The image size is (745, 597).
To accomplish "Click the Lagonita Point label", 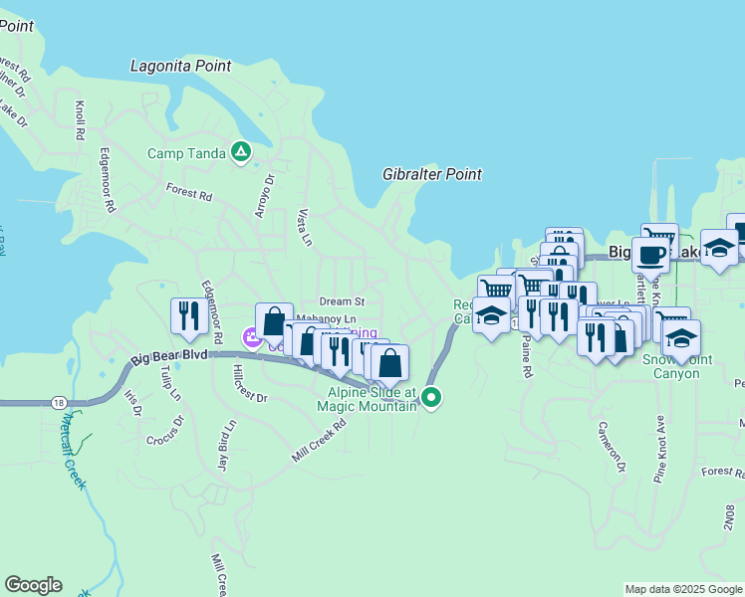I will [x=180, y=66].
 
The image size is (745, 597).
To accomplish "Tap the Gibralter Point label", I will [x=431, y=174].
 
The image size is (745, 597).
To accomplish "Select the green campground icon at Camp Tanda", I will [x=240, y=152].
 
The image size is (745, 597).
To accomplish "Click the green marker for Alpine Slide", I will [x=430, y=398].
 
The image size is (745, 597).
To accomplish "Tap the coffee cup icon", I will [x=650, y=255].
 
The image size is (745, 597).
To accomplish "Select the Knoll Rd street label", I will [x=80, y=118].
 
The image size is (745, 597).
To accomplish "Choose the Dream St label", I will [x=342, y=301].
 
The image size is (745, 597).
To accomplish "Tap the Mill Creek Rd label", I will [x=319, y=439].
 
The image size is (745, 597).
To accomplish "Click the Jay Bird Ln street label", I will [x=226, y=445].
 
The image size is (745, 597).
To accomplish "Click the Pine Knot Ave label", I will [x=659, y=450].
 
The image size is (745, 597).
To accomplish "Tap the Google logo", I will [x=33, y=585].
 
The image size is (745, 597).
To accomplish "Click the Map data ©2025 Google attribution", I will [x=682, y=589].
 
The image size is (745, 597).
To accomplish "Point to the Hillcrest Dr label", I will [x=249, y=382].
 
